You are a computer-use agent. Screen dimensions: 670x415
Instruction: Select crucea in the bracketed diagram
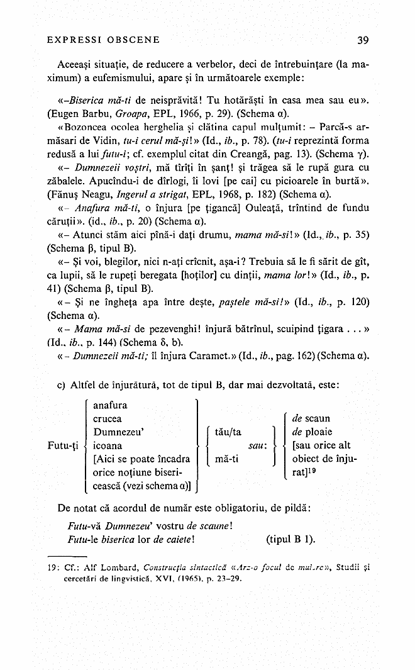108,419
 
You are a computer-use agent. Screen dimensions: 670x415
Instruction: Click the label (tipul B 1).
291,539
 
